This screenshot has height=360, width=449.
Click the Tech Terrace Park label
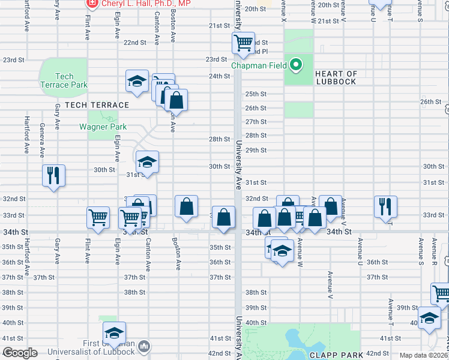[x=64, y=80]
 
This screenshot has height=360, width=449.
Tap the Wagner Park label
[x=103, y=127]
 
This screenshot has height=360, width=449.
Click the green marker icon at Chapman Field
[x=296, y=64]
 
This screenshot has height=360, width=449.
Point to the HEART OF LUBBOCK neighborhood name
[x=336, y=78]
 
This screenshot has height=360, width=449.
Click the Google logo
[x=19, y=353]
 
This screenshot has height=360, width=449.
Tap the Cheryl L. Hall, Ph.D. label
[x=146, y=4]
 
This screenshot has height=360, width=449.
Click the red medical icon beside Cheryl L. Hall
[x=92, y=4]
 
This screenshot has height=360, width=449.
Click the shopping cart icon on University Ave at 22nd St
[x=244, y=43]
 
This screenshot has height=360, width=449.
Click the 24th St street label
[x=219, y=76]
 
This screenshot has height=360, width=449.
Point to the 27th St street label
[x=256, y=122]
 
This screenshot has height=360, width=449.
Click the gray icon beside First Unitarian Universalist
[x=143, y=346]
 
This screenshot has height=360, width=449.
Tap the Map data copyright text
[x=424, y=355]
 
